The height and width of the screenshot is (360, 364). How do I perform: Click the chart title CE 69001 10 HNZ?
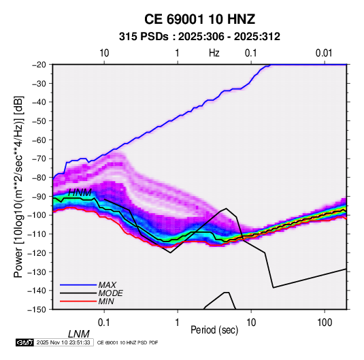(199, 19)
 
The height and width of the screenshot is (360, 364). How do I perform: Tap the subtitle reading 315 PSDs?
(144, 37)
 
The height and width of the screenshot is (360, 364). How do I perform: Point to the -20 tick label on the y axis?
(39, 65)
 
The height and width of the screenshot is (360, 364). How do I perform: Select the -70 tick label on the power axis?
(39, 159)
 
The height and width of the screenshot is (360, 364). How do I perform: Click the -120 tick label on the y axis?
(37, 252)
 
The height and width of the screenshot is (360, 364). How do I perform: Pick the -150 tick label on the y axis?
(37, 310)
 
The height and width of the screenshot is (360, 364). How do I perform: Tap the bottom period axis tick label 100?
(325, 323)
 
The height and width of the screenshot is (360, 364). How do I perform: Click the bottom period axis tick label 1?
(177, 323)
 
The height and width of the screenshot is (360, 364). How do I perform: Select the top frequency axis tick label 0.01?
(324, 53)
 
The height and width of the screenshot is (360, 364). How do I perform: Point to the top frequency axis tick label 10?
(104, 53)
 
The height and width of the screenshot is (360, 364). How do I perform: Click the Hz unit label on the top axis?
(214, 53)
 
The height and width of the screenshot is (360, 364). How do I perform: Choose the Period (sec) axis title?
(214, 330)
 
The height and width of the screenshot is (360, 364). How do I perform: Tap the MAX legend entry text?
(107, 285)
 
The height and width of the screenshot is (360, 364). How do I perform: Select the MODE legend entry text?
(110, 293)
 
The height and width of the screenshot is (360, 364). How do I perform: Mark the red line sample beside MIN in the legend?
(78, 301)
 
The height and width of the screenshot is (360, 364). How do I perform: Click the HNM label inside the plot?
(80, 193)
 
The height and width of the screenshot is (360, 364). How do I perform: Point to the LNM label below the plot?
(79, 334)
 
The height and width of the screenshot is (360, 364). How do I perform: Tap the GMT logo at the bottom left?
(25, 342)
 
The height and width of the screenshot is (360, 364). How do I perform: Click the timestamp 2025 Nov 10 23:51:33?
(63, 342)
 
